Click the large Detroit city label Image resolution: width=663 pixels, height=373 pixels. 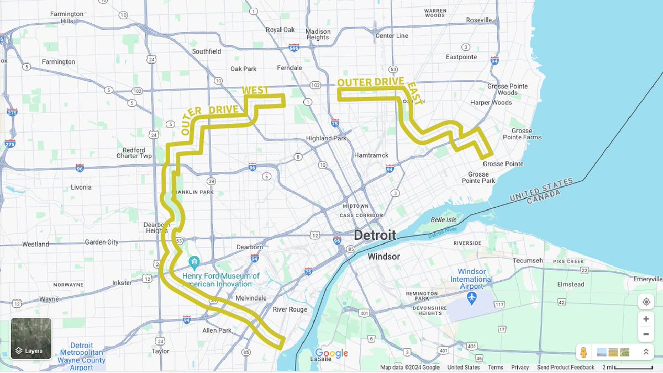(375, 235)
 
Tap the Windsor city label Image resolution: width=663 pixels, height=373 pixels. (383, 256)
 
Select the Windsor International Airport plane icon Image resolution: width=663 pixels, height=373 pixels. (471, 298)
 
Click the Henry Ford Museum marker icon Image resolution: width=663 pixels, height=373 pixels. (194, 261)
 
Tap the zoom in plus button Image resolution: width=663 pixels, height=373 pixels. (646, 319)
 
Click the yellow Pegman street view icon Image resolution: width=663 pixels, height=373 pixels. (583, 352)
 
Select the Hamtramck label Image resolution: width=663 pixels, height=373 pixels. (371, 155)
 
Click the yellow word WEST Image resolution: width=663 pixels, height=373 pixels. (255, 90)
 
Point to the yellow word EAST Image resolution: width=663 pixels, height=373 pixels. (414, 93)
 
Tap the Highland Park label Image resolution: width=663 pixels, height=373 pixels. (326, 138)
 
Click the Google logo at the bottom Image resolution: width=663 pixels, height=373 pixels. (331, 354)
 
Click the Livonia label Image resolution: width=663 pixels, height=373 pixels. (81, 187)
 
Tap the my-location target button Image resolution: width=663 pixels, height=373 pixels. (646, 301)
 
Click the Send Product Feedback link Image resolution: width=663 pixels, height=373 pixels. (565, 367)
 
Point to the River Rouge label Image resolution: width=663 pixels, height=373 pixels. (290, 309)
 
